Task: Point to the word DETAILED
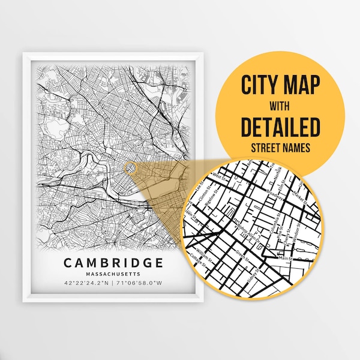(280, 127)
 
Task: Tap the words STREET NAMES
(280, 148)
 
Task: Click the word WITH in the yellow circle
(280, 106)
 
